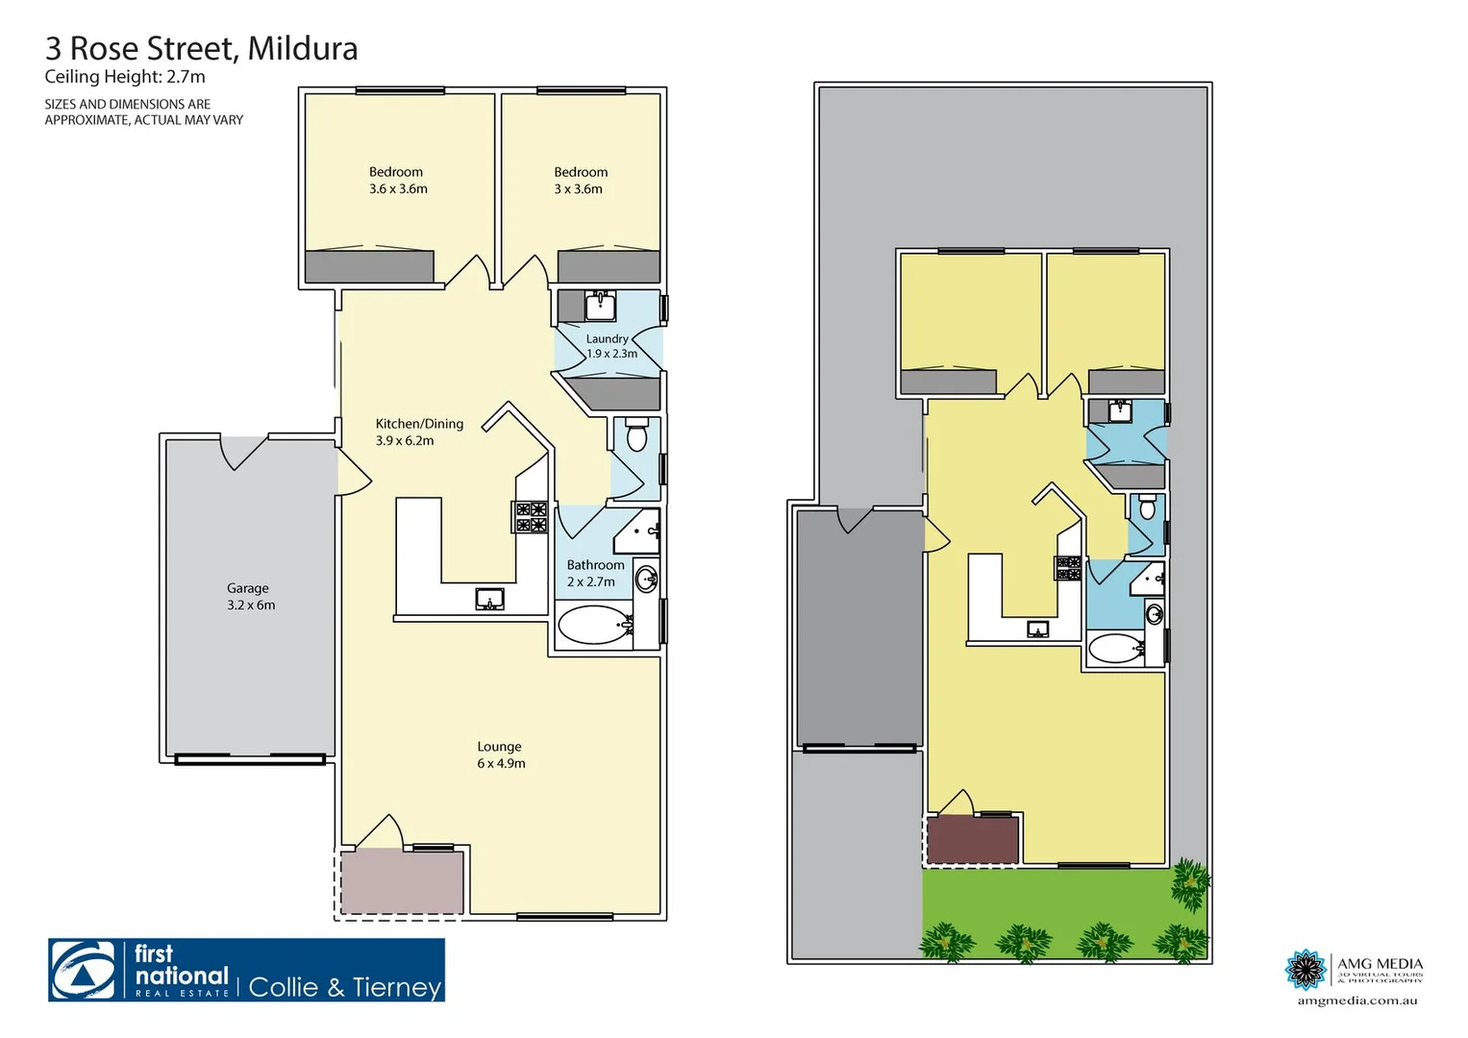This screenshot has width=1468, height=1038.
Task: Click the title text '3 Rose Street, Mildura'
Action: pyautogui.click(x=201, y=48)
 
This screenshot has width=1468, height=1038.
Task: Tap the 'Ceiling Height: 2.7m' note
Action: pyautogui.click(x=125, y=78)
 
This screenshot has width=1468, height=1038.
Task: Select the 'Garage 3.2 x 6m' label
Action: pyautogui.click(x=250, y=597)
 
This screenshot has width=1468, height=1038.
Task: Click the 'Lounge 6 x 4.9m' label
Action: pyautogui.click(x=501, y=754)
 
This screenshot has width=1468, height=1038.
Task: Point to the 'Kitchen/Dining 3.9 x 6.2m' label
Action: pyautogui.click(x=418, y=432)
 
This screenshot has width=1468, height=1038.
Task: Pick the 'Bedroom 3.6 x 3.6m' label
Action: pyautogui.click(x=397, y=181)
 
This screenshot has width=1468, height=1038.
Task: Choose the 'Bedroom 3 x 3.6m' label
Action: pyautogui.click(x=580, y=181)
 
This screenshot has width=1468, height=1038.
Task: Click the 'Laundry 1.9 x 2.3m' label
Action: pyautogui.click(x=610, y=346)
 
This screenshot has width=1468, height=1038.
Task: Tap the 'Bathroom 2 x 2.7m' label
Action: pyautogui.click(x=593, y=573)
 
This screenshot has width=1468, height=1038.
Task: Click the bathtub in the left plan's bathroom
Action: pyautogui.click(x=593, y=626)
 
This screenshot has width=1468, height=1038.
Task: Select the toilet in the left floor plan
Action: pyautogui.click(x=636, y=436)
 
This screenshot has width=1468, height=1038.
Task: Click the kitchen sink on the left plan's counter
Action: pyautogui.click(x=489, y=600)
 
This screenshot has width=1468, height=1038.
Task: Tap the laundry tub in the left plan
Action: pyautogui.click(x=601, y=306)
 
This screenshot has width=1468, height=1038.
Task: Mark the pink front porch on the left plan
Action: pyautogui.click(x=402, y=882)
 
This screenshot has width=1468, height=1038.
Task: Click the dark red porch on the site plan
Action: pyautogui.click(x=972, y=839)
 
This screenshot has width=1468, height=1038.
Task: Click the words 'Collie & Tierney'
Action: pyautogui.click(x=344, y=987)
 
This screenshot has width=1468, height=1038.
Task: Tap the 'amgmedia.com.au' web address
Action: pyautogui.click(x=1356, y=1001)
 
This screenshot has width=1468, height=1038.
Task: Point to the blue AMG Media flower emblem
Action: pyautogui.click(x=1306, y=969)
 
